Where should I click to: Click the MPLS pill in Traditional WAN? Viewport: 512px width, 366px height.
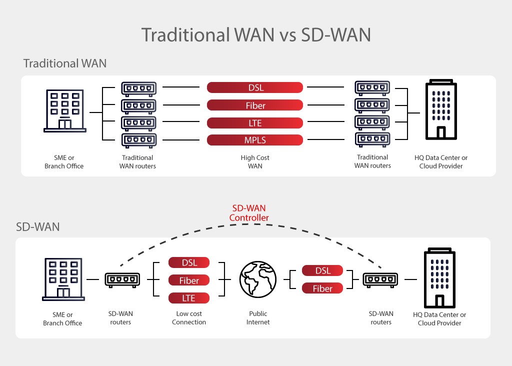pyautogui.click(x=255, y=140)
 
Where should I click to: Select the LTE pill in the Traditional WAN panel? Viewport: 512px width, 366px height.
pyautogui.click(x=255, y=123)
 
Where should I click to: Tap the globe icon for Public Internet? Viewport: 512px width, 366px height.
pyautogui.click(x=257, y=280)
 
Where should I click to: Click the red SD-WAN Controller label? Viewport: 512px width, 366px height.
pyautogui.click(x=249, y=213)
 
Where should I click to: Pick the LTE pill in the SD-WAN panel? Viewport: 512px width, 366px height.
pyautogui.click(x=188, y=298)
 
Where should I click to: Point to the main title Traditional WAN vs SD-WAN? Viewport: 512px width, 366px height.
pyautogui.click(x=255, y=35)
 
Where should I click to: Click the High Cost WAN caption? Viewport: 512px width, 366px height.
pyautogui.click(x=255, y=161)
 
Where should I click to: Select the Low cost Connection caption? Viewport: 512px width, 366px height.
pyautogui.click(x=189, y=318)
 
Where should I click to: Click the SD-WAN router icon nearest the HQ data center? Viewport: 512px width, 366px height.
pyautogui.click(x=380, y=279)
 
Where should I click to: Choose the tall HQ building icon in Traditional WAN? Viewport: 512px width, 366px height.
pyautogui.click(x=440, y=110)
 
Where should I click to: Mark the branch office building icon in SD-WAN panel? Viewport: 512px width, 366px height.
pyautogui.click(x=63, y=279)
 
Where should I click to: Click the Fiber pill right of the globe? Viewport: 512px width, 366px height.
pyautogui.click(x=323, y=288)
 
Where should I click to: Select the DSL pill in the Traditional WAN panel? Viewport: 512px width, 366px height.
pyautogui.click(x=255, y=87)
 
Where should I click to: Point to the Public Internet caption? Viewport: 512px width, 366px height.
pyautogui.click(x=258, y=318)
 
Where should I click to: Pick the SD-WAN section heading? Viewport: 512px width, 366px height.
pyautogui.click(x=38, y=226)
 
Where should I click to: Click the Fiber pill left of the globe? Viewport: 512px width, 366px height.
pyautogui.click(x=188, y=280)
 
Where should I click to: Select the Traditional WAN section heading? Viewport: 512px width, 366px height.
pyautogui.click(x=65, y=63)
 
